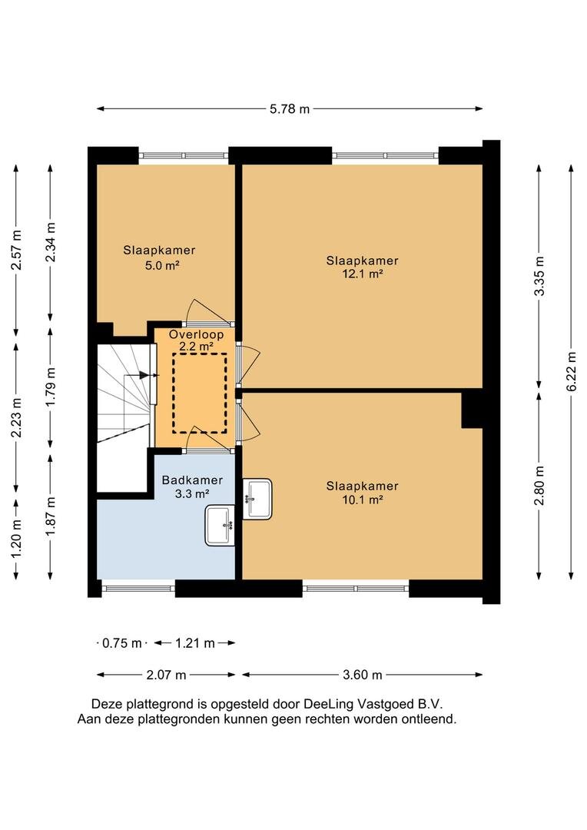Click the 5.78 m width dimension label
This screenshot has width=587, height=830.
click(290, 109)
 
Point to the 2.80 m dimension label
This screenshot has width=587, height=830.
click(539, 483)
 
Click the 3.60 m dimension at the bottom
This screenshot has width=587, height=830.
click(362, 676)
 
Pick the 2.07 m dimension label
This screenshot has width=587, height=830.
click(166, 676)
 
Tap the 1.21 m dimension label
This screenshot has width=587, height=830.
click(194, 643)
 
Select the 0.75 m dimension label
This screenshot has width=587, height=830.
click(123, 643)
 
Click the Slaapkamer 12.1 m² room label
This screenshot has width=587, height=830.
click(362, 267)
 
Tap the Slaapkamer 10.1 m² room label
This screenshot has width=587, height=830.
click(362, 492)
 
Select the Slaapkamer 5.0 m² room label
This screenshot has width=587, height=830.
click(159, 257)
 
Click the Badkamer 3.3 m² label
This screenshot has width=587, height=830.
click(192, 486)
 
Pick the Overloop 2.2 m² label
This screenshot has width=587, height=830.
click(197, 340)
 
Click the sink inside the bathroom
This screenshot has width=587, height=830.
click(221, 526)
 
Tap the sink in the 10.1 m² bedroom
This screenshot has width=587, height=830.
click(257, 499)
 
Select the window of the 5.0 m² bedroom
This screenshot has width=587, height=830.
click(183, 154)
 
